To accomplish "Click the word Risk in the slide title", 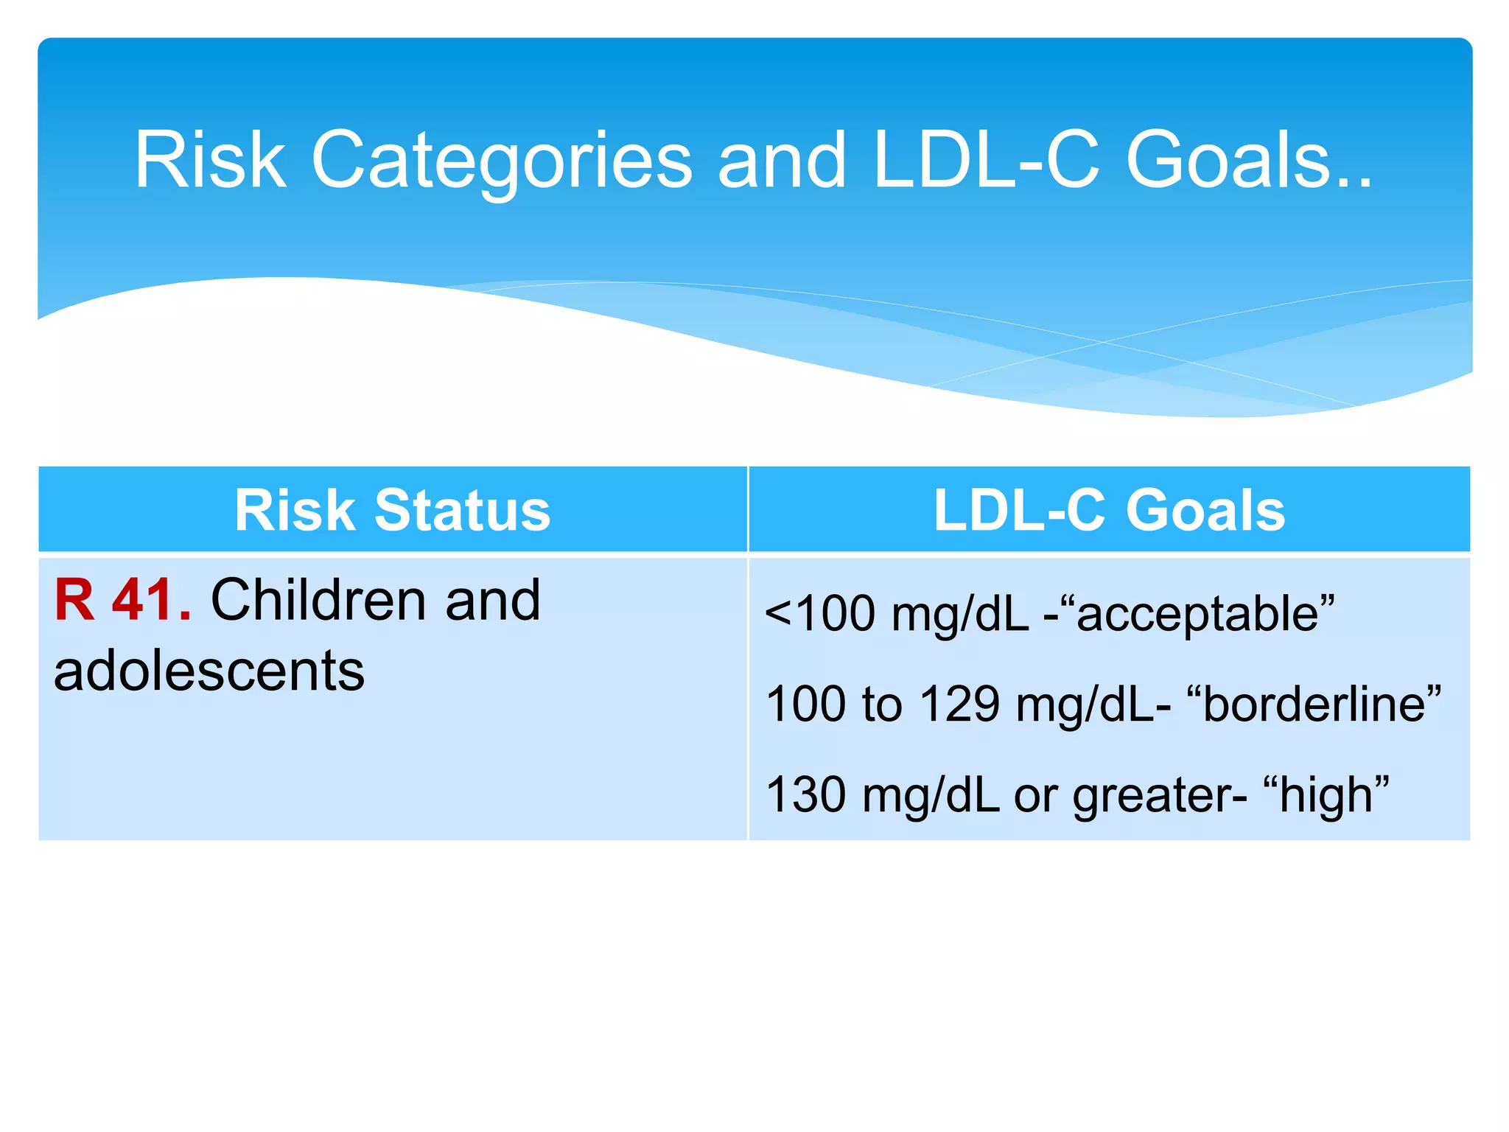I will coord(210,161).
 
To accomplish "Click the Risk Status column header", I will coord(392,510).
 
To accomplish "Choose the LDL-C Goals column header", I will coord(1109,510).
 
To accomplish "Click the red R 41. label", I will coord(122,600).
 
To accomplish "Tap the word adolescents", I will coord(209,671).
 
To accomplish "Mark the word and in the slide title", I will coord(782,161).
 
